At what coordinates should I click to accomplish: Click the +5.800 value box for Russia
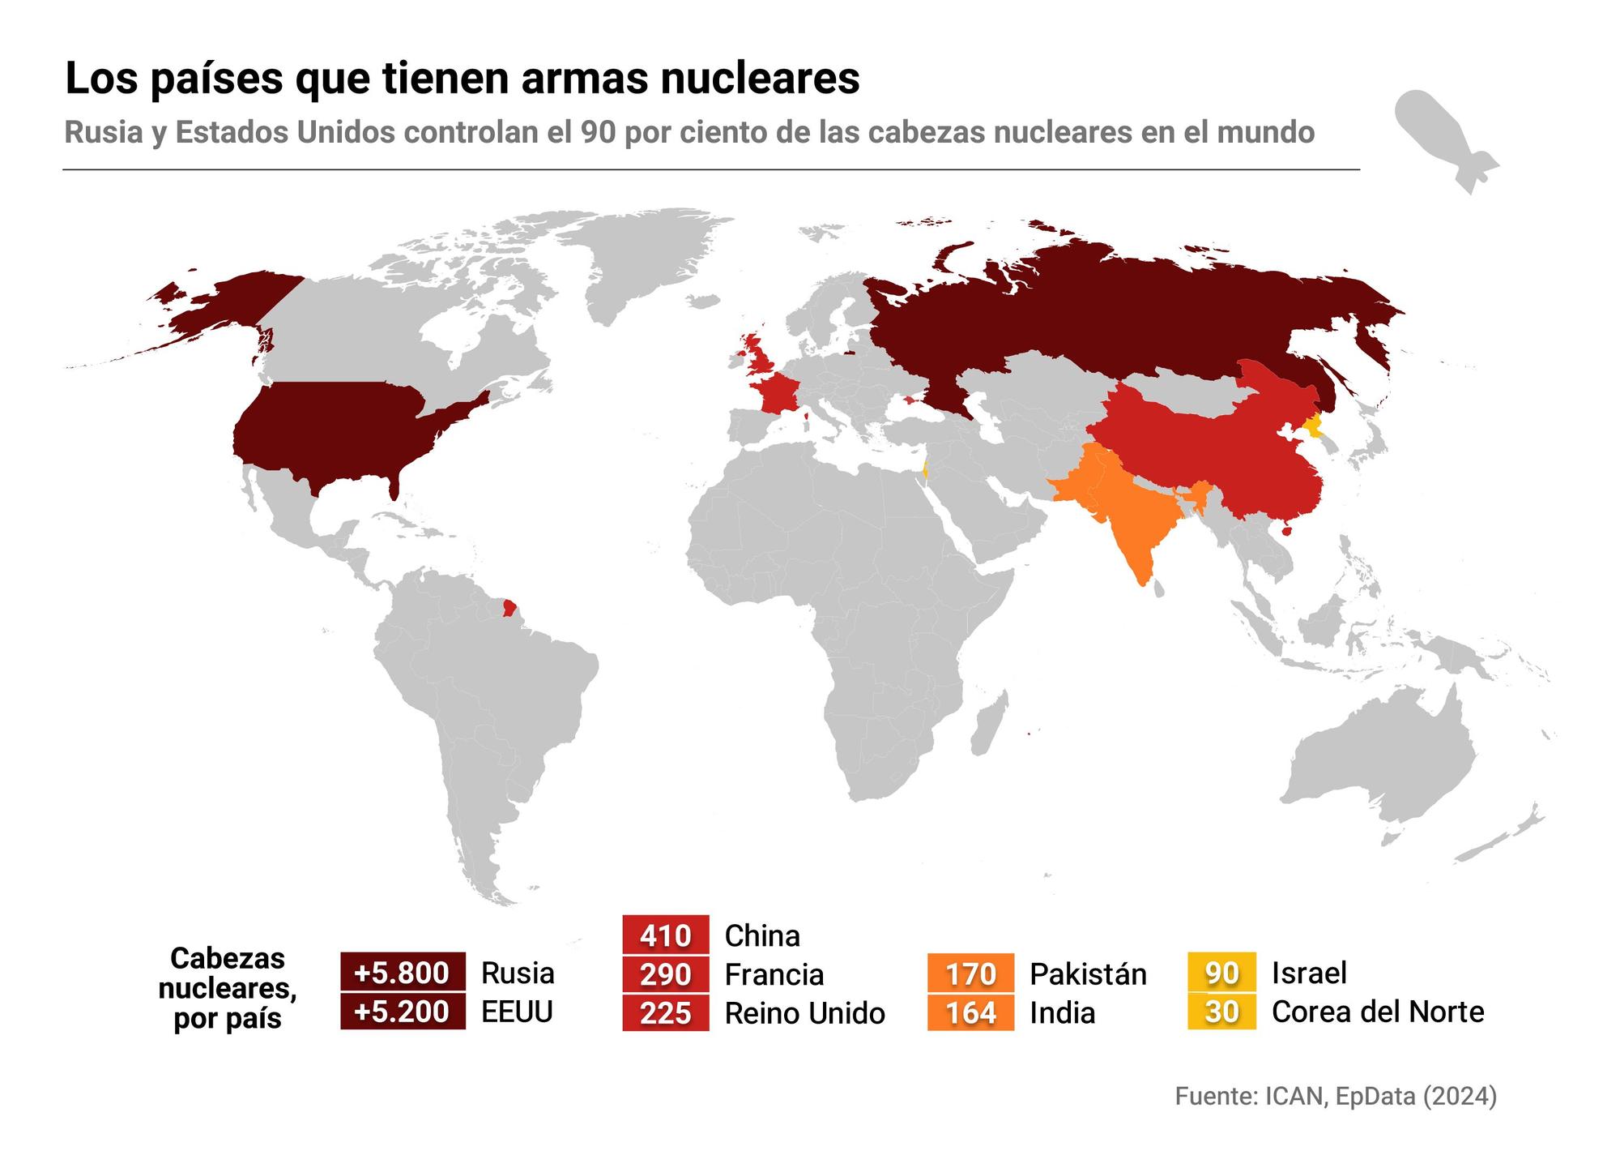tap(403, 972)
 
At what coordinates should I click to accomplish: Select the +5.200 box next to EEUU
tap(403, 1012)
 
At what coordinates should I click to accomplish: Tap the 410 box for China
tap(665, 935)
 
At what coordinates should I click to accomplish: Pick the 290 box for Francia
tap(665, 973)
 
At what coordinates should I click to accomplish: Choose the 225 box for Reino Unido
tap(665, 1012)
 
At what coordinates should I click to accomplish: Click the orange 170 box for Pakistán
tap(970, 973)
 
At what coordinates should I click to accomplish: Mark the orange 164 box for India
tap(970, 1012)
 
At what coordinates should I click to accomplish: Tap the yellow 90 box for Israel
tap(1221, 972)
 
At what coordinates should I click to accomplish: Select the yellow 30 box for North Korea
tap(1221, 1011)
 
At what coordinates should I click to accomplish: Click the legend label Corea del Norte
tap(1378, 1012)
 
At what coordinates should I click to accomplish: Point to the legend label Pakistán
tap(1088, 973)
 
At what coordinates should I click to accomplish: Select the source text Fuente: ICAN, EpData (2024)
tap(1336, 1096)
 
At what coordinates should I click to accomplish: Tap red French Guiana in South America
tap(509, 607)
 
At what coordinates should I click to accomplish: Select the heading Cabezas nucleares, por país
tap(228, 988)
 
